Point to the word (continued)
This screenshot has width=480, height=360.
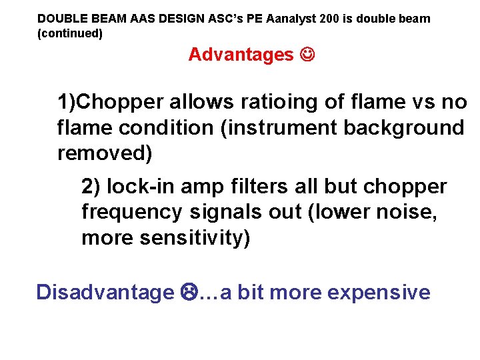pos(70,33)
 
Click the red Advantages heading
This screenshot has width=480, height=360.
pos(241,55)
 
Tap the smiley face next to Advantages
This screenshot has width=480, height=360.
pos(307,55)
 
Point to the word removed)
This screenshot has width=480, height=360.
pos(105,153)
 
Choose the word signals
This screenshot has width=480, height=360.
pos(224,213)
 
